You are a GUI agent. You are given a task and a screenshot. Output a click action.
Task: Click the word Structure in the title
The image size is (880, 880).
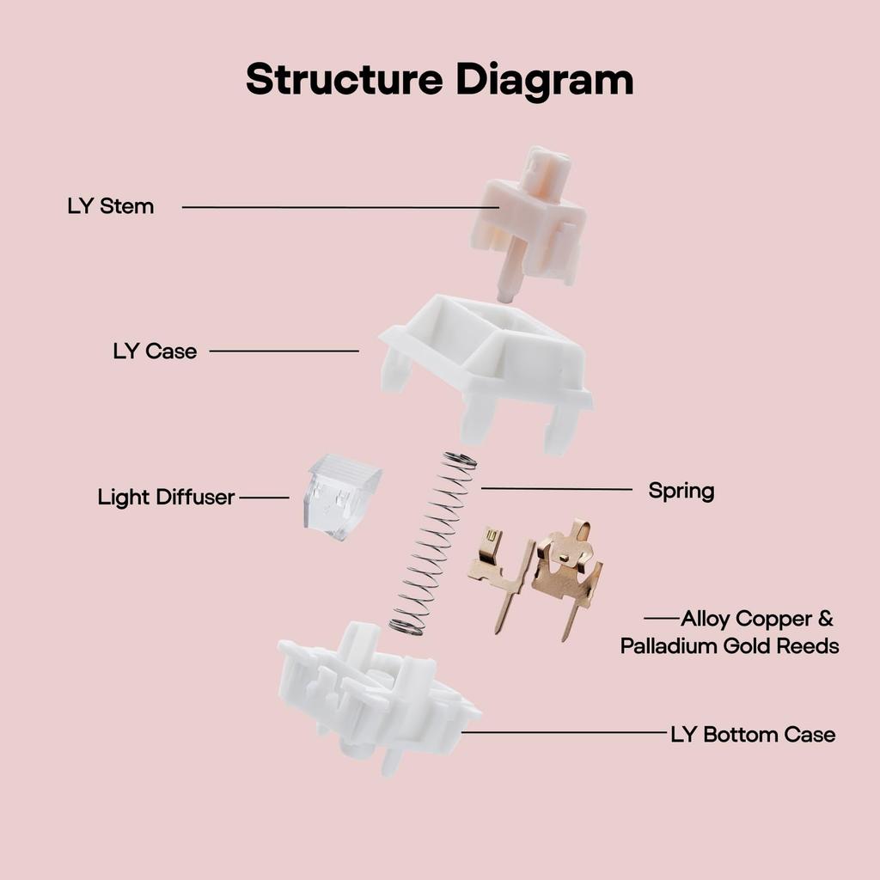[345, 79]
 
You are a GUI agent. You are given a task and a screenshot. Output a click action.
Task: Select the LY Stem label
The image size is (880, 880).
[111, 206]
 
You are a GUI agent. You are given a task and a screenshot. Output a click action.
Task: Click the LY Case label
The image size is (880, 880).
[155, 351]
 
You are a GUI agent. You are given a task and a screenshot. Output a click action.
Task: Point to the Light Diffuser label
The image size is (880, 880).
[166, 497]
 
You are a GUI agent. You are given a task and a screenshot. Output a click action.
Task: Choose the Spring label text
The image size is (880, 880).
[681, 491]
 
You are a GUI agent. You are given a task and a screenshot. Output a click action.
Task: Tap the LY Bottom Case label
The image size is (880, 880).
[752, 734]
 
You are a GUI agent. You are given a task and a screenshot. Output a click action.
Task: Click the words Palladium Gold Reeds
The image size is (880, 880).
[730, 645]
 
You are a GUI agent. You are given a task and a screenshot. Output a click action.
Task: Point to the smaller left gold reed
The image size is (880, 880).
[498, 571]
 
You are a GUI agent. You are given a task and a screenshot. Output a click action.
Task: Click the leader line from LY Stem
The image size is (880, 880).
[335, 207]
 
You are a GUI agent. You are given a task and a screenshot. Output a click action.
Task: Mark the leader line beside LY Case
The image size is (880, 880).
[284, 351]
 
